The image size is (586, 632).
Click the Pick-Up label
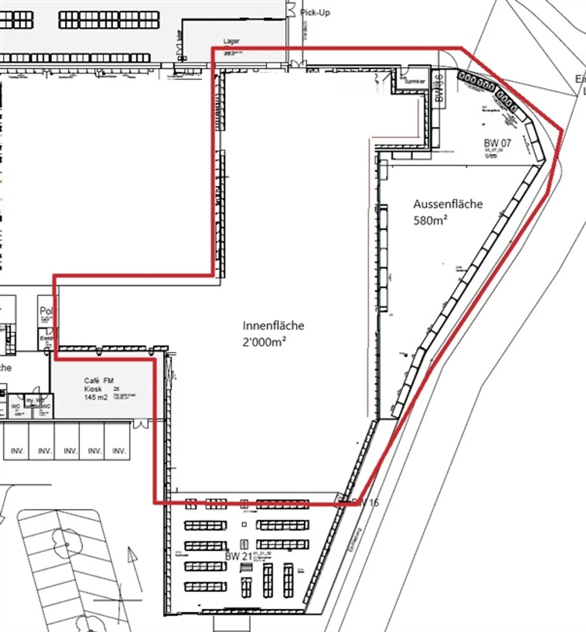(x=315, y=13)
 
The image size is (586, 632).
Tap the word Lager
(x=231, y=41)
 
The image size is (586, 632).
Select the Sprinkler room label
(x=415, y=81)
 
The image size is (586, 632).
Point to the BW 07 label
(x=497, y=143)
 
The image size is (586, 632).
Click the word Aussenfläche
(x=448, y=204)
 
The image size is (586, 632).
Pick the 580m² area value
(x=431, y=220)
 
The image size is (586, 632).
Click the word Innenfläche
(x=273, y=325)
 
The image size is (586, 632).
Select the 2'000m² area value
(x=264, y=342)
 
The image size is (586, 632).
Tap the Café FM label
(x=98, y=381)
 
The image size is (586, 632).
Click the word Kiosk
(x=93, y=389)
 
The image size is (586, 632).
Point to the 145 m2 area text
(x=96, y=397)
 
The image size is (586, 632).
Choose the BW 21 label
(x=238, y=556)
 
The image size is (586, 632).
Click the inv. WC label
(x=34, y=401)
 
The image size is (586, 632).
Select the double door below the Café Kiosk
(x=141, y=425)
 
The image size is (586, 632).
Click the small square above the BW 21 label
(x=244, y=525)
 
